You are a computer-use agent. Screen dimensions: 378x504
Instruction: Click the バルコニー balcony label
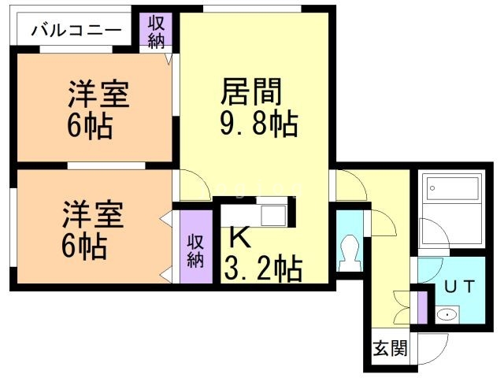(x=76, y=31)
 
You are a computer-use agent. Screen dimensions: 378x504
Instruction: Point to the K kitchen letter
(x=237, y=236)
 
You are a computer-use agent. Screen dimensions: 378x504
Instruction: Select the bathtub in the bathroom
(x=453, y=190)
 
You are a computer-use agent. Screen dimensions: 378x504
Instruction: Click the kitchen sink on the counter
(x=276, y=214)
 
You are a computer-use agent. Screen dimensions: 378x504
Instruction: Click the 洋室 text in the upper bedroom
(x=98, y=96)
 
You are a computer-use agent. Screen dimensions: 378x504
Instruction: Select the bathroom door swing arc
(x=431, y=234)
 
